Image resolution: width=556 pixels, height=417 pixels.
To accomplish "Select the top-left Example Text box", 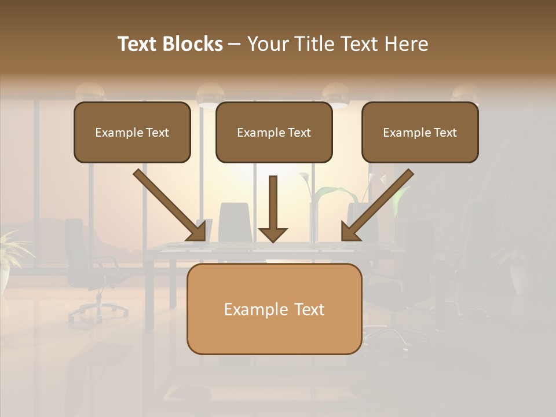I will point(132,132).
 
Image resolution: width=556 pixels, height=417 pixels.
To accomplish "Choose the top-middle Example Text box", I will point(274,132).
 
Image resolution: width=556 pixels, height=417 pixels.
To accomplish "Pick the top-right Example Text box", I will point(420,132).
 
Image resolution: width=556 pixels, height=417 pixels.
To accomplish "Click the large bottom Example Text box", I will point(274,309).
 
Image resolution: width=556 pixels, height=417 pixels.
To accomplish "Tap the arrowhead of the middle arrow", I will point(273,234).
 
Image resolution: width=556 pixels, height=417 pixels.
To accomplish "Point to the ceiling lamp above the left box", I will point(90,92).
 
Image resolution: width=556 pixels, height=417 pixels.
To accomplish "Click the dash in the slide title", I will point(235,45).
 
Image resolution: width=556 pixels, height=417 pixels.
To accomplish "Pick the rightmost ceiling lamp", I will point(466,93).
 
